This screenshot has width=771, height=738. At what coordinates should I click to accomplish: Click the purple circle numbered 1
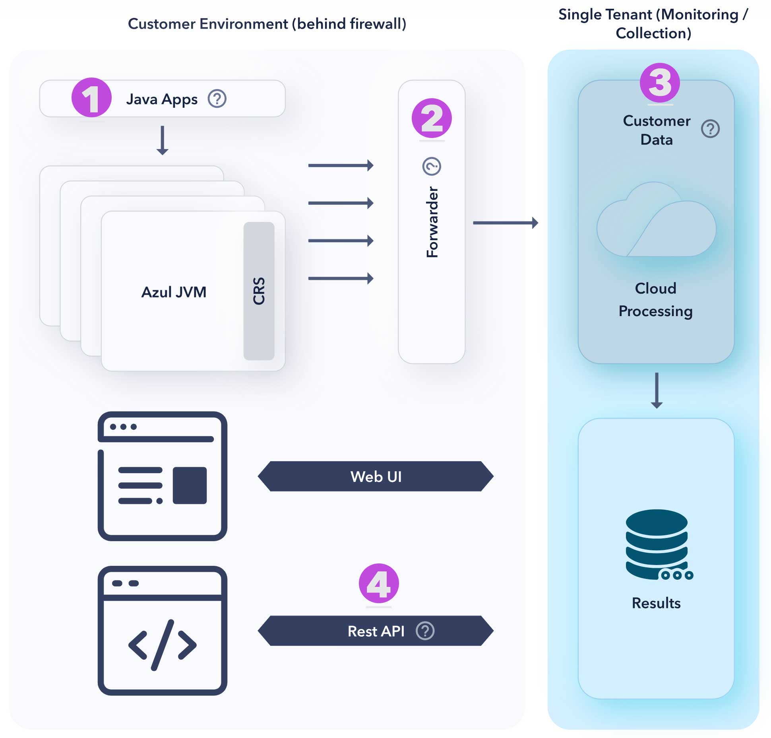click(x=91, y=97)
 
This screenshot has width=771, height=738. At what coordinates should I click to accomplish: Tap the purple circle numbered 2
click(x=432, y=118)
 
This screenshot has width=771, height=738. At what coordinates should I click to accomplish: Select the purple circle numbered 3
click(x=659, y=83)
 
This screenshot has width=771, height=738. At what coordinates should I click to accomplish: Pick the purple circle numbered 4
click(x=378, y=583)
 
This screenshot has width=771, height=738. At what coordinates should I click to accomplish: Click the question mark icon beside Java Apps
click(x=217, y=99)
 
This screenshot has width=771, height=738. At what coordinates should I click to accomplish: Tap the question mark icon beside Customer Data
click(x=710, y=129)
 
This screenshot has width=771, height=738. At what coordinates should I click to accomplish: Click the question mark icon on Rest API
click(x=425, y=631)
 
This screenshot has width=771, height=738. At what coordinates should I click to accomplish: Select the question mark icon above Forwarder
click(x=432, y=166)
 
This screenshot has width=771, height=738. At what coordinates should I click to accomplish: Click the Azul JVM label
click(x=174, y=292)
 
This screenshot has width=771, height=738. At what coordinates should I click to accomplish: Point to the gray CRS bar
click(x=259, y=291)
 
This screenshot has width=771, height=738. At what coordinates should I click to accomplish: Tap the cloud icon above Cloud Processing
click(x=656, y=223)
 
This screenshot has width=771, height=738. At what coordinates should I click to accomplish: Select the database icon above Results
click(x=657, y=545)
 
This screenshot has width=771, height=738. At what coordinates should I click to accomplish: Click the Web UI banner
click(x=376, y=476)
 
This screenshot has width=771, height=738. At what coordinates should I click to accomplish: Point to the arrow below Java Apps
click(x=162, y=140)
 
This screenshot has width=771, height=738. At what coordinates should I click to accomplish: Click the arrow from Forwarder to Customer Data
click(x=505, y=223)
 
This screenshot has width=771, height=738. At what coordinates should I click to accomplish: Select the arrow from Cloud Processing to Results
click(x=657, y=390)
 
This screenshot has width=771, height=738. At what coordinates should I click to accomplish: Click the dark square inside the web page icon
click(x=190, y=486)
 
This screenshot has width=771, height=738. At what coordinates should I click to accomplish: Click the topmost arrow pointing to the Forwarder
click(x=341, y=165)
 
